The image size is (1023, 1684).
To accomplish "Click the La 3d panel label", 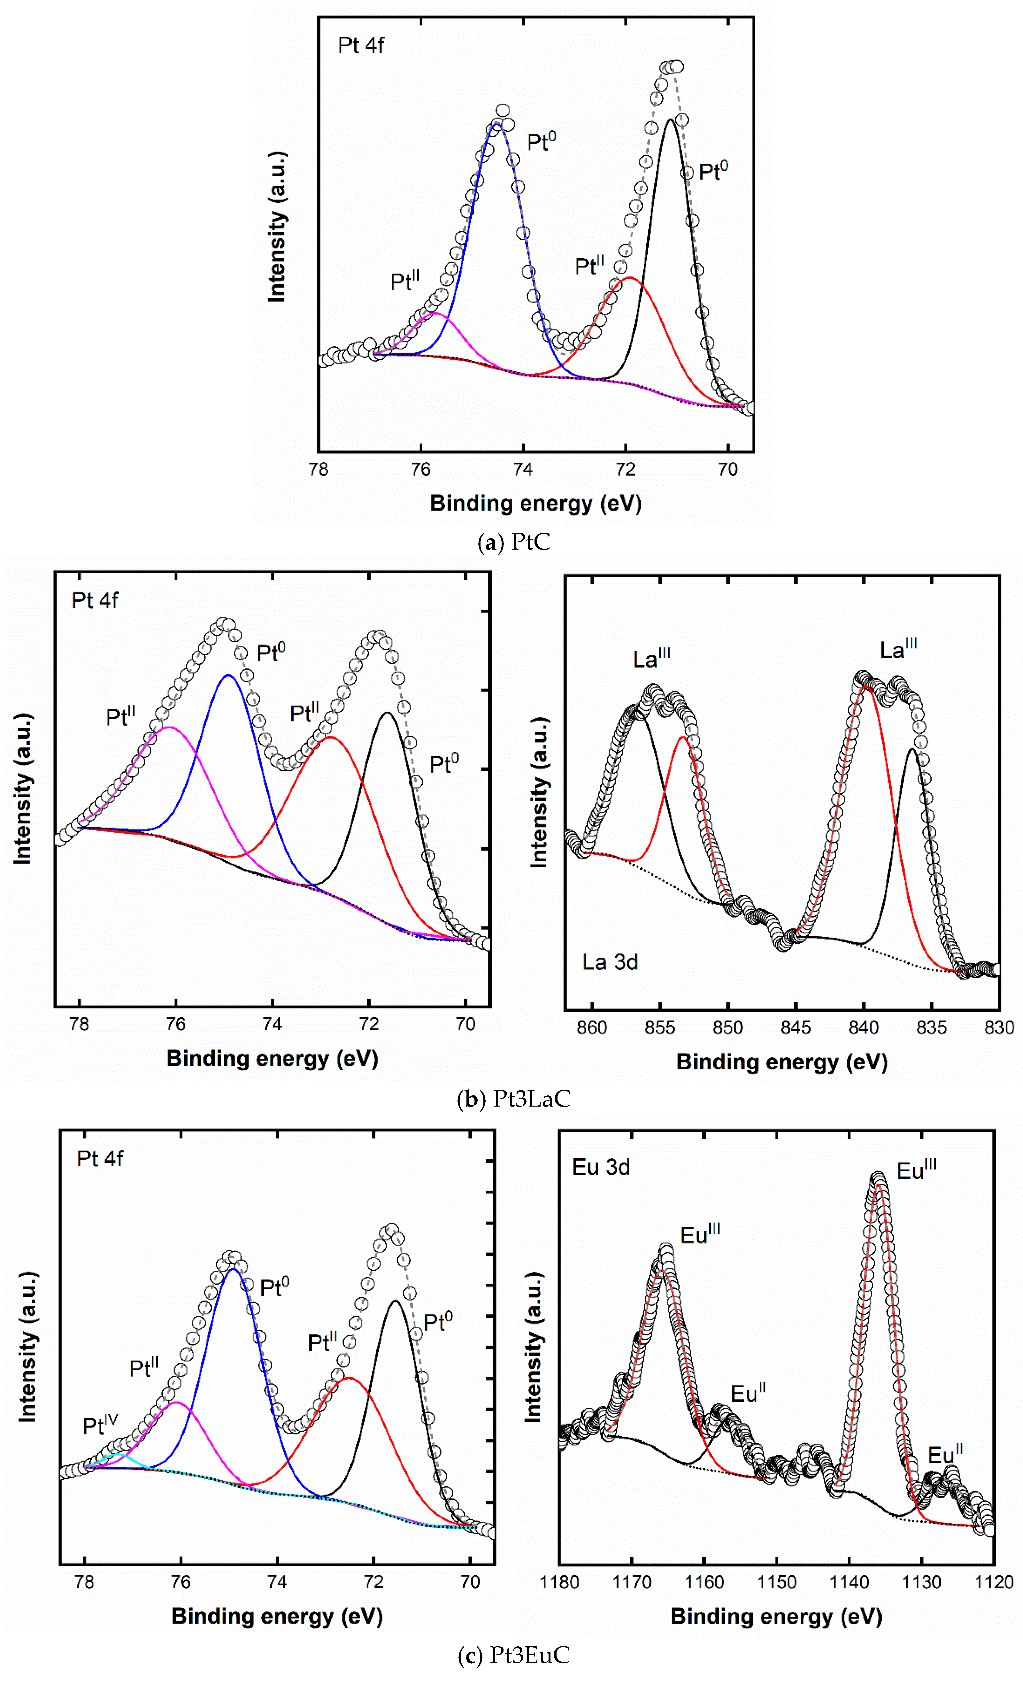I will tap(610, 962).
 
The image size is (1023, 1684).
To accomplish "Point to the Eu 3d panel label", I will tap(601, 1167).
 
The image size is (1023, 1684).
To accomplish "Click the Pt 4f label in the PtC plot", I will tap(361, 46).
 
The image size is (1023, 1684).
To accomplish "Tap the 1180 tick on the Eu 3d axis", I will tap(559, 1582).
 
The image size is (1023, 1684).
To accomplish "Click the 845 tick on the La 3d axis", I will tap(796, 1027).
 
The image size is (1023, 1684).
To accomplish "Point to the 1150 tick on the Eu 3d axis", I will tap(777, 1582).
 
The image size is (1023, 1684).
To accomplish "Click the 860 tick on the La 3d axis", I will tap(592, 1027).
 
